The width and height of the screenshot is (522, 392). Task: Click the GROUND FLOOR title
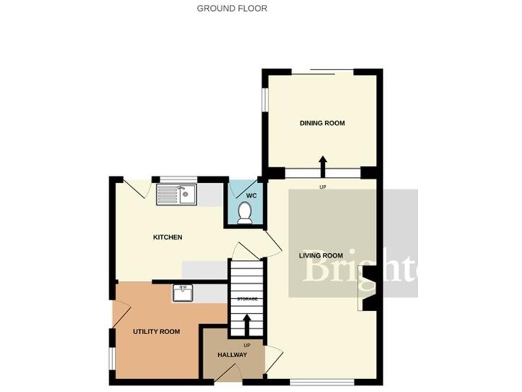232,9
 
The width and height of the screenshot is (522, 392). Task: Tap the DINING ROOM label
322,123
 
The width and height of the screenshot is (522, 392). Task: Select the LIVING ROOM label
322,256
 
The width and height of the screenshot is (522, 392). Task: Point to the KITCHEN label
167,238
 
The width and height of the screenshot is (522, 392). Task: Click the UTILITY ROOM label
156,331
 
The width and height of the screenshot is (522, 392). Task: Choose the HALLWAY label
232,355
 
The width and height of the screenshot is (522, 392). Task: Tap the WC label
250,196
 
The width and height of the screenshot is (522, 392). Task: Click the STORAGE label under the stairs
246,299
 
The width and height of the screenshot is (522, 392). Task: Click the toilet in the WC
246,214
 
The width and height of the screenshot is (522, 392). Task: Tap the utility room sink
182,293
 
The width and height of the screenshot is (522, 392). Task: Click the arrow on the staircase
246,323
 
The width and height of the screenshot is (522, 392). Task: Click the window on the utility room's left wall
111,359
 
